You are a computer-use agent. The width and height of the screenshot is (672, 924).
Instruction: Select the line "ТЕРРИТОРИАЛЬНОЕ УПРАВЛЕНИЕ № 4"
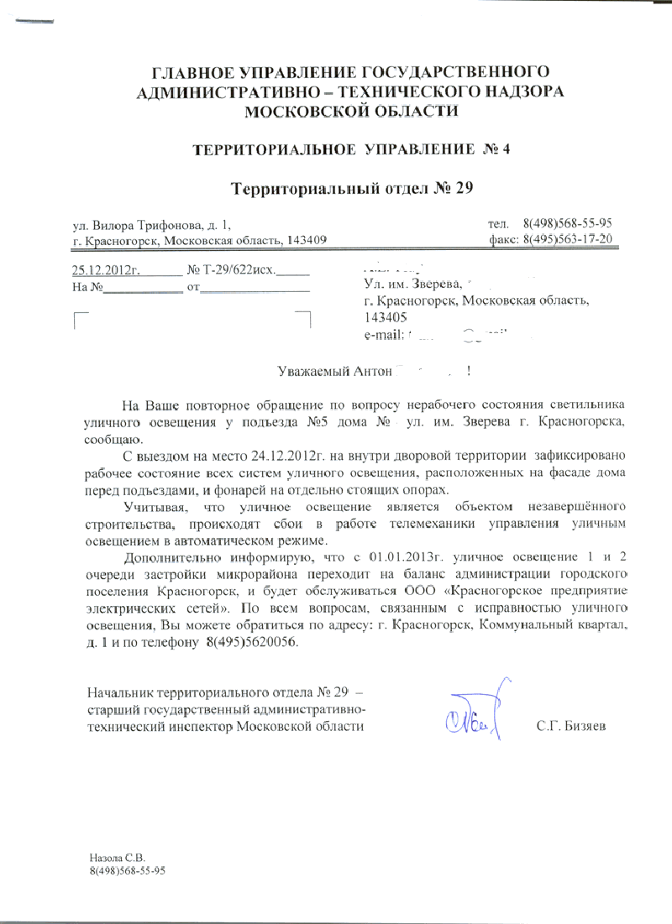pos(351,150)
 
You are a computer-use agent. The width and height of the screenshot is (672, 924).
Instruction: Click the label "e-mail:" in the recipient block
pos(384,337)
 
